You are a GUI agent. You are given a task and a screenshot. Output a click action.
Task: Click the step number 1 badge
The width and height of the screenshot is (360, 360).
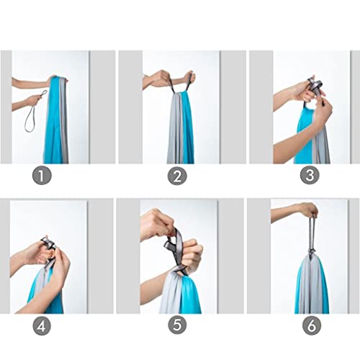coord(42,176)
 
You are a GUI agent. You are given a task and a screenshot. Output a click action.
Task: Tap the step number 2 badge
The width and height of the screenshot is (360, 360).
coord(177,176)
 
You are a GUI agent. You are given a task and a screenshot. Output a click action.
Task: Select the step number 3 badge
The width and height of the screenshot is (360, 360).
coord(310,175)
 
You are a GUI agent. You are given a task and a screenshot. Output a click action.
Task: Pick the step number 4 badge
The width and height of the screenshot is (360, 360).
coord(42,325)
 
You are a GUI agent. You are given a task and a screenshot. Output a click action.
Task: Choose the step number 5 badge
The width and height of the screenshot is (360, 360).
coord(177,325)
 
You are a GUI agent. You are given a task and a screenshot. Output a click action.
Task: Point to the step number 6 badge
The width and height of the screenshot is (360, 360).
coord(312,325)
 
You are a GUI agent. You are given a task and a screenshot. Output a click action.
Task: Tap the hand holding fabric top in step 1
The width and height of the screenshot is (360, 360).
coord(57,81)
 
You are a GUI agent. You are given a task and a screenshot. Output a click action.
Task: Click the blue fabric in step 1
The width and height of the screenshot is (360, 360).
coord(53,122)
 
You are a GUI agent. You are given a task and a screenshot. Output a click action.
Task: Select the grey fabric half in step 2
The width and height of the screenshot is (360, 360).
coord(175,130)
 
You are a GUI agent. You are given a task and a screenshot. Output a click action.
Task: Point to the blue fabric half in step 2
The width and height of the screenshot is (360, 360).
coord(188,130)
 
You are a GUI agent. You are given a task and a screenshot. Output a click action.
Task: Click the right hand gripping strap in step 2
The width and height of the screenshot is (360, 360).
coord(189,77)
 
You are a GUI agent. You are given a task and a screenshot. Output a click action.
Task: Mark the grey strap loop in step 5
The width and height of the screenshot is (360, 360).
coord(175,247)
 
